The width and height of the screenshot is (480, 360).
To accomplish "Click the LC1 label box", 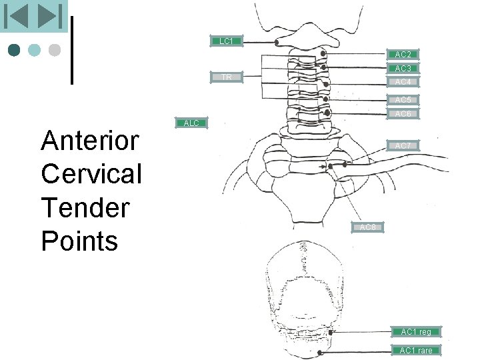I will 226,41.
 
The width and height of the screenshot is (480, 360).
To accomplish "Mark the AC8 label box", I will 368,228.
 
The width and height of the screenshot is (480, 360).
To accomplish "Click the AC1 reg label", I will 416,331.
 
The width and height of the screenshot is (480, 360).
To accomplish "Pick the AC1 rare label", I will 416,351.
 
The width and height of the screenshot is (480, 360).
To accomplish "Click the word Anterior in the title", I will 90,141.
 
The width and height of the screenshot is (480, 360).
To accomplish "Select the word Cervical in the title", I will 91,174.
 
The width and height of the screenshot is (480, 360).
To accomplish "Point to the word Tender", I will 85,207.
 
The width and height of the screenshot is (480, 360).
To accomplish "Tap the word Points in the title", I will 79,241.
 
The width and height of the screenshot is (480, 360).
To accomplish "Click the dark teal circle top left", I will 15,50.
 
